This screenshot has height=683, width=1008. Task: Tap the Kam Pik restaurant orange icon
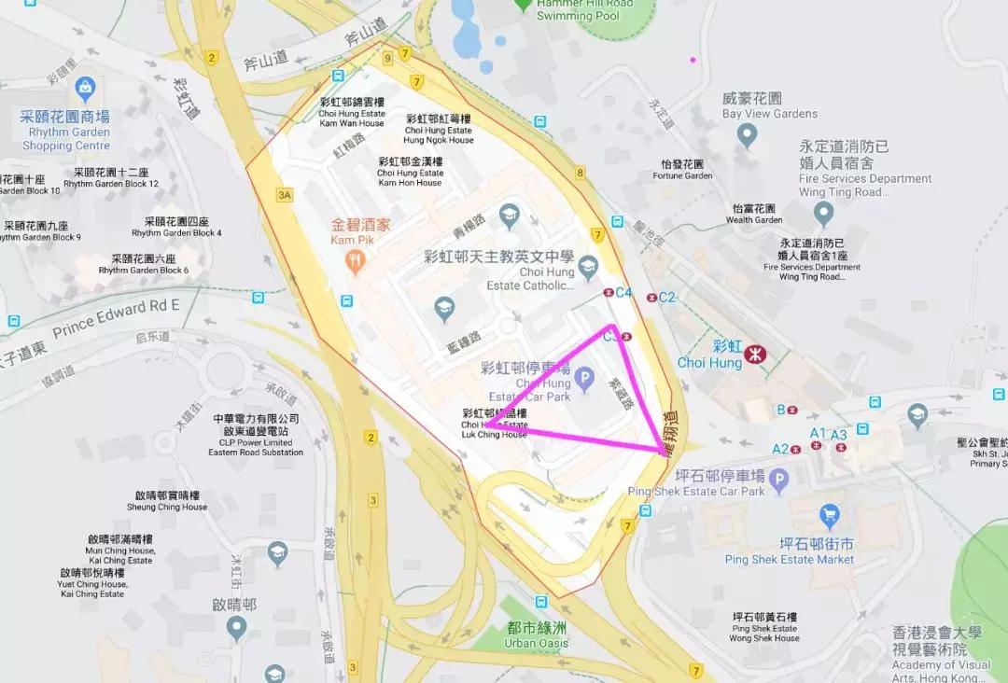click(x=353, y=263)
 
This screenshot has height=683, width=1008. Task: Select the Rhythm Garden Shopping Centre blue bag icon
click(x=86, y=90)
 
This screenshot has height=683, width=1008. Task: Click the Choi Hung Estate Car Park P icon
click(x=584, y=380)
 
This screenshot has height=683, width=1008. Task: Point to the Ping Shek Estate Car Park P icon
click(x=778, y=478)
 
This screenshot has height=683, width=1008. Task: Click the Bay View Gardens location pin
click(x=746, y=136)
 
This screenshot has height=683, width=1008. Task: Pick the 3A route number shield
click(x=285, y=195)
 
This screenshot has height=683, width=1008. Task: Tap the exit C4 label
click(x=623, y=292)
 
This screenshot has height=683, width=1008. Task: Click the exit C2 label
click(x=666, y=298)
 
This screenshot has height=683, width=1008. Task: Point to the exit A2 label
click(x=780, y=448)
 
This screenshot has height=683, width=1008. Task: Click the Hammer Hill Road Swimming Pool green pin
click(x=523, y=5)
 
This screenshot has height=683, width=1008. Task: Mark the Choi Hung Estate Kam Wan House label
click(x=352, y=112)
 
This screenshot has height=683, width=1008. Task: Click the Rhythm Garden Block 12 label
click(x=111, y=178)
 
